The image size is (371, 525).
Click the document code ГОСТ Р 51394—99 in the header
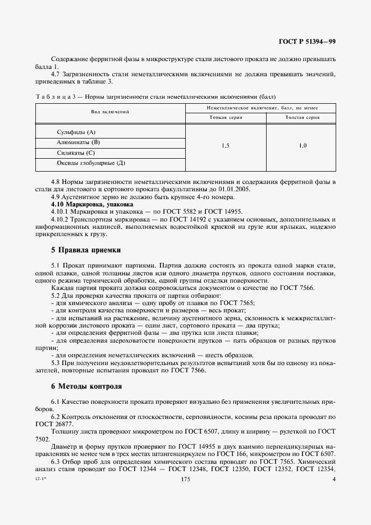pyautogui.click(x=308, y=42)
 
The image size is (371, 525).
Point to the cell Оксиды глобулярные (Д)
pyautogui.click(x=91, y=163)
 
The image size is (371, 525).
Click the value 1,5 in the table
pyautogui.click(x=225, y=146)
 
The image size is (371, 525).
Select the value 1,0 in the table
pyautogui.click(x=303, y=146)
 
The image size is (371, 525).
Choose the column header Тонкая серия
pyautogui.click(x=225, y=118)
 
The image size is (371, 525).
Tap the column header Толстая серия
pyautogui.click(x=303, y=118)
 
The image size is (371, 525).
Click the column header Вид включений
pyautogui.click(x=111, y=112)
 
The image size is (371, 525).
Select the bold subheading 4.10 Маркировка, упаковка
pyautogui.click(x=88, y=205)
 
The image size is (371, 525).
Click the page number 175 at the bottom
pyautogui.click(x=186, y=480)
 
